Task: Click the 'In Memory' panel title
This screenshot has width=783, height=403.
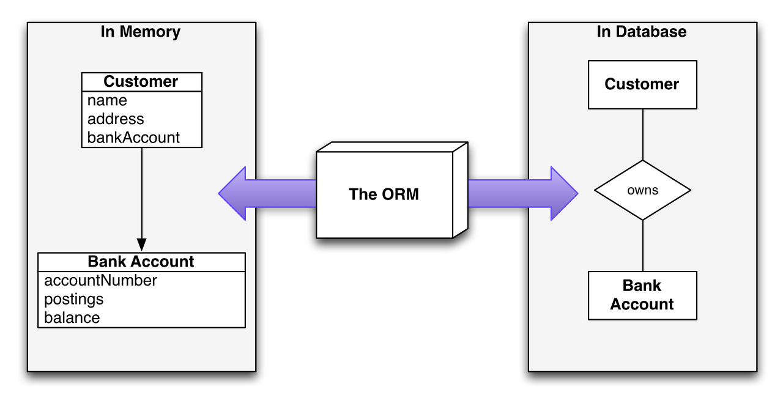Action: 141,32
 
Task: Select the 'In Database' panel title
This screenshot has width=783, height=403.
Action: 642,32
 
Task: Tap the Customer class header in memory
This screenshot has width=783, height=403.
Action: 141,82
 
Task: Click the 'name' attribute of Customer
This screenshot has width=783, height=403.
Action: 108,100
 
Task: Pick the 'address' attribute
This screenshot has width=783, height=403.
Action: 116,119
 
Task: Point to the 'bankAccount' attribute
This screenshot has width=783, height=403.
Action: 133,137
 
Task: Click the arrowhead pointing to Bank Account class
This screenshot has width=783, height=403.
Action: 141,245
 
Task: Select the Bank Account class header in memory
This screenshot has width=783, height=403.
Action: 141,262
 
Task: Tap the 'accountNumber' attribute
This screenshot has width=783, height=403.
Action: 101,280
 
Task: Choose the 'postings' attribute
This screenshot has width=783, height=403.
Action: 74,299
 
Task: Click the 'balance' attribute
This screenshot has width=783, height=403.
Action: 72,317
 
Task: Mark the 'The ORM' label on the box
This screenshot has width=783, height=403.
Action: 384,194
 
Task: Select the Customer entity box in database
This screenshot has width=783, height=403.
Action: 642,84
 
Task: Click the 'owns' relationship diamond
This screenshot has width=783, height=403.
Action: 642,190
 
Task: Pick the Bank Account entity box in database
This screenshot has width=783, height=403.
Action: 642,295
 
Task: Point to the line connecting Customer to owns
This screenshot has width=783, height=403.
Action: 642,135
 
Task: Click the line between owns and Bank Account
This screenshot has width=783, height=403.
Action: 642,246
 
